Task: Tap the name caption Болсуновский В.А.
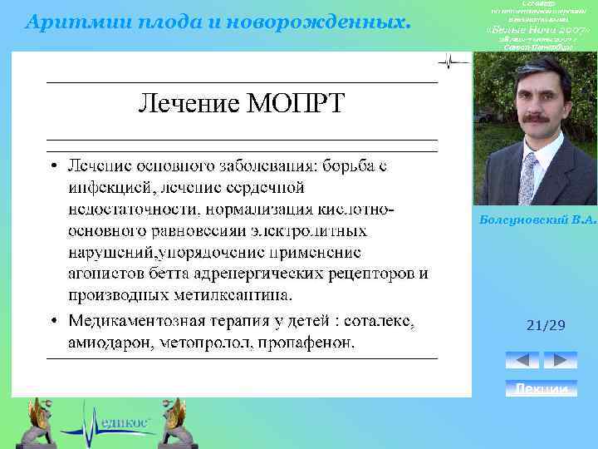538,220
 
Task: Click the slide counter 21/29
546,326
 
